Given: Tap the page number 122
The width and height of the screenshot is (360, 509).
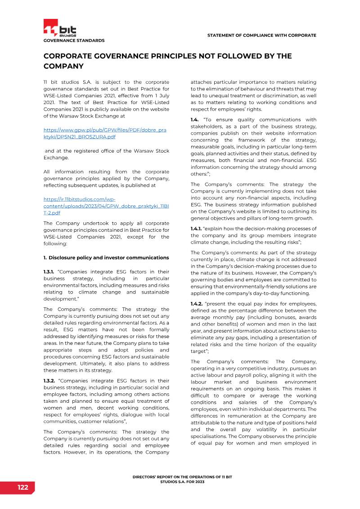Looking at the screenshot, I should tap(23, 487).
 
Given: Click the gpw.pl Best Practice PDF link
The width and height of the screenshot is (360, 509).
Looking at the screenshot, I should tap(104, 133).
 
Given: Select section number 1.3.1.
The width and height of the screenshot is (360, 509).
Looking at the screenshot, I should tap(49, 272).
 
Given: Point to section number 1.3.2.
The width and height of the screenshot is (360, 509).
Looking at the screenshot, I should tap(49, 380).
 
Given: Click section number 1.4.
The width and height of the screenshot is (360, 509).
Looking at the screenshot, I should tap(195, 120).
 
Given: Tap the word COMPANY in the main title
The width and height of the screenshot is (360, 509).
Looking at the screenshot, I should tap(63, 66).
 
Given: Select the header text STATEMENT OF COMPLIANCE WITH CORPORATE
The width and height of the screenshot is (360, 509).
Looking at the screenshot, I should tap(261, 35).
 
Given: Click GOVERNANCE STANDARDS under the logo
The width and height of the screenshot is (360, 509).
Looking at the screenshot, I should tap(74, 41).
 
